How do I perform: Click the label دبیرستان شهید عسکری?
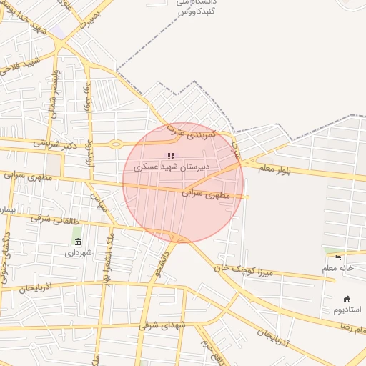point(172,167)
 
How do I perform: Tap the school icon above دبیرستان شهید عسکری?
point(171,155)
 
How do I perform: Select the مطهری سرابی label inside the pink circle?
point(206,193)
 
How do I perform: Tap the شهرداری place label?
point(79,252)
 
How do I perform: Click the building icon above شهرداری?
point(78,242)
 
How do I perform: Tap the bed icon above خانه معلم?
point(338,257)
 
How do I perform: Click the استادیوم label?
point(347,310)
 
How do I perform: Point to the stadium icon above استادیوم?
point(347,299)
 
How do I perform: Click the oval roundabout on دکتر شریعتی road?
point(115,144)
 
